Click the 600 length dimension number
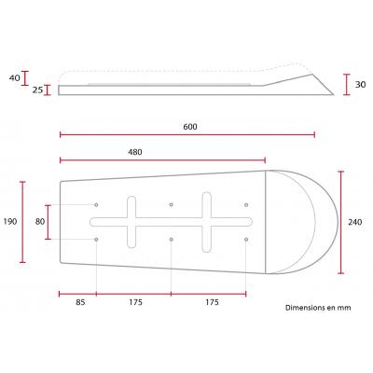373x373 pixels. pyautogui.click(x=190, y=127)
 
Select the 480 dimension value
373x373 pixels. pyautogui.click(x=135, y=152)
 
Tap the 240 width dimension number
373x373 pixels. pyautogui.click(x=354, y=222)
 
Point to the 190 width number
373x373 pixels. pyautogui.click(x=10, y=222)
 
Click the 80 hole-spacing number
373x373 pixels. pyautogui.click(x=40, y=222)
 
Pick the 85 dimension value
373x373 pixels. pyautogui.click(x=80, y=302)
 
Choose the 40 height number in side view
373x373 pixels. pyautogui.click(x=14, y=77)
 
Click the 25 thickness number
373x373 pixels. pyautogui.click(x=37, y=90)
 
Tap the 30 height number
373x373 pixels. pyautogui.click(x=360, y=84)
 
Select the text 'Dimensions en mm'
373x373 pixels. pyautogui.click(x=318, y=308)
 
